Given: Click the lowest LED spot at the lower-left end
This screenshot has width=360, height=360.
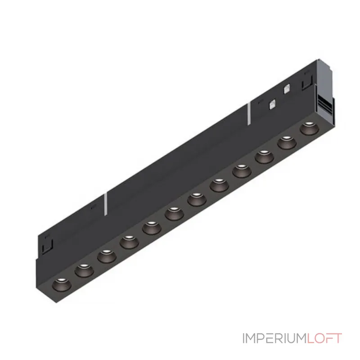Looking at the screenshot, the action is [x=62, y=285].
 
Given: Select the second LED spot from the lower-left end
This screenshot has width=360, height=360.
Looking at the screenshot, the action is [x=84, y=270].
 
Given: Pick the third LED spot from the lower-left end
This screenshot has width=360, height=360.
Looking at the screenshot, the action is [x=107, y=256].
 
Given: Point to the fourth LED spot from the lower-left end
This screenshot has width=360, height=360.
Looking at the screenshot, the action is [x=129, y=242].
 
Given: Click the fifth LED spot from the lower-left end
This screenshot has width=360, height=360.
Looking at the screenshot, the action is [x=152, y=228].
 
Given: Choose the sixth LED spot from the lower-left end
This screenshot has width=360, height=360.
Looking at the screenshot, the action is [x=174, y=214].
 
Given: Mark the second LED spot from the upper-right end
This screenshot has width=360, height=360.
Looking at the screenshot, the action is [x=287, y=143].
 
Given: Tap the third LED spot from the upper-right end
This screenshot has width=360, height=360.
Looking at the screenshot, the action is [x=264, y=157].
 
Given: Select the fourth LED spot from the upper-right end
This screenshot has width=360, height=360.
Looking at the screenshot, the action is [x=242, y=171].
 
